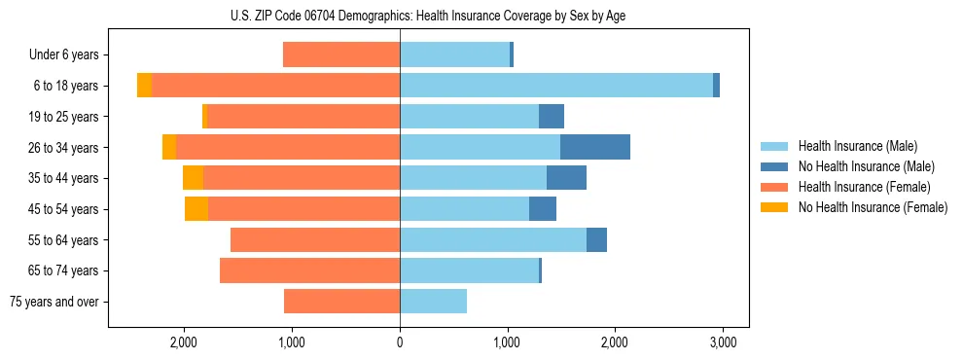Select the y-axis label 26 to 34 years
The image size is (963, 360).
coord(65,148)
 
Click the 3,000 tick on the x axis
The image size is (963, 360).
coord(722,342)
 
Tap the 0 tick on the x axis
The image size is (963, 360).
coord(400,342)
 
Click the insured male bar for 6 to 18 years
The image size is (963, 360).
coord(555,86)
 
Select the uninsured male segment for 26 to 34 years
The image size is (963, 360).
coord(595,147)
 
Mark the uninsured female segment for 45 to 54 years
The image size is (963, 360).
coord(196,209)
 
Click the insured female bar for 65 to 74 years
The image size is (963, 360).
coord(309,270)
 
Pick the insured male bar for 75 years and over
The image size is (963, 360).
coord(433,302)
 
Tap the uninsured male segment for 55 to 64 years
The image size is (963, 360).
coord(596,239)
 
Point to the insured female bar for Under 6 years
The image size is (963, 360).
coord(341,54)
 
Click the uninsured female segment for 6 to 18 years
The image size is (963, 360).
coord(144,86)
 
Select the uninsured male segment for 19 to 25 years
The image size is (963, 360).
coord(552,117)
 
